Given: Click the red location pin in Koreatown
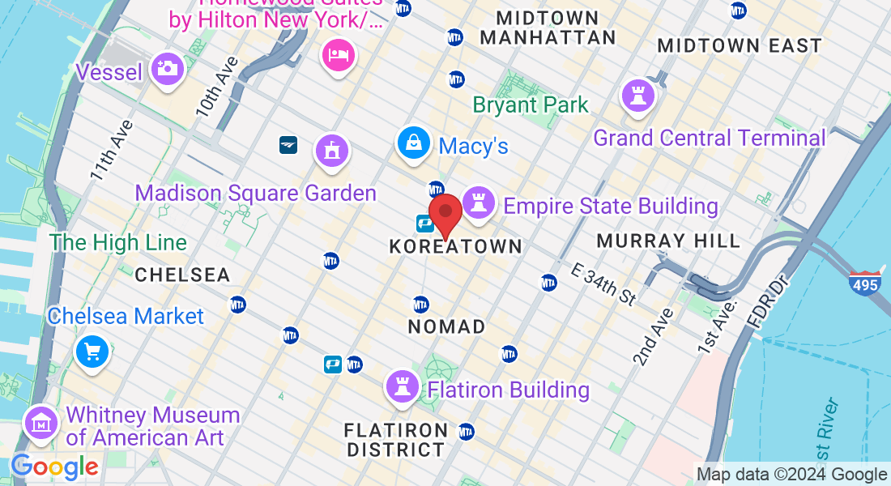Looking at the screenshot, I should (x=445, y=214).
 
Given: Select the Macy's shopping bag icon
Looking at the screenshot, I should (x=413, y=143).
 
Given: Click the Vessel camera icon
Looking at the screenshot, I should (x=168, y=69).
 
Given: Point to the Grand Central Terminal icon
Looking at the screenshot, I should (x=637, y=96).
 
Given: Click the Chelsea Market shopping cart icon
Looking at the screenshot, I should (x=92, y=352).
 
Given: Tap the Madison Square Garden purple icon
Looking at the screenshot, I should (x=332, y=151).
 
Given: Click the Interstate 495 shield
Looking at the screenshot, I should (x=865, y=283).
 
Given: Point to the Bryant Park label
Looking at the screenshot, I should (x=531, y=104).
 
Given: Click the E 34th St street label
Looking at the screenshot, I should (x=603, y=283).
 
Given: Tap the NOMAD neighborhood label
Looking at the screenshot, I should (x=446, y=326).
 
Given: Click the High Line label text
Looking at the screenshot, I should (x=118, y=242).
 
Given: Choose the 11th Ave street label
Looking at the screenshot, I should (x=112, y=151).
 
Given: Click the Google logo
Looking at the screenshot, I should (x=54, y=467).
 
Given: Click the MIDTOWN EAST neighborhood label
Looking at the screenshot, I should (x=740, y=45).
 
